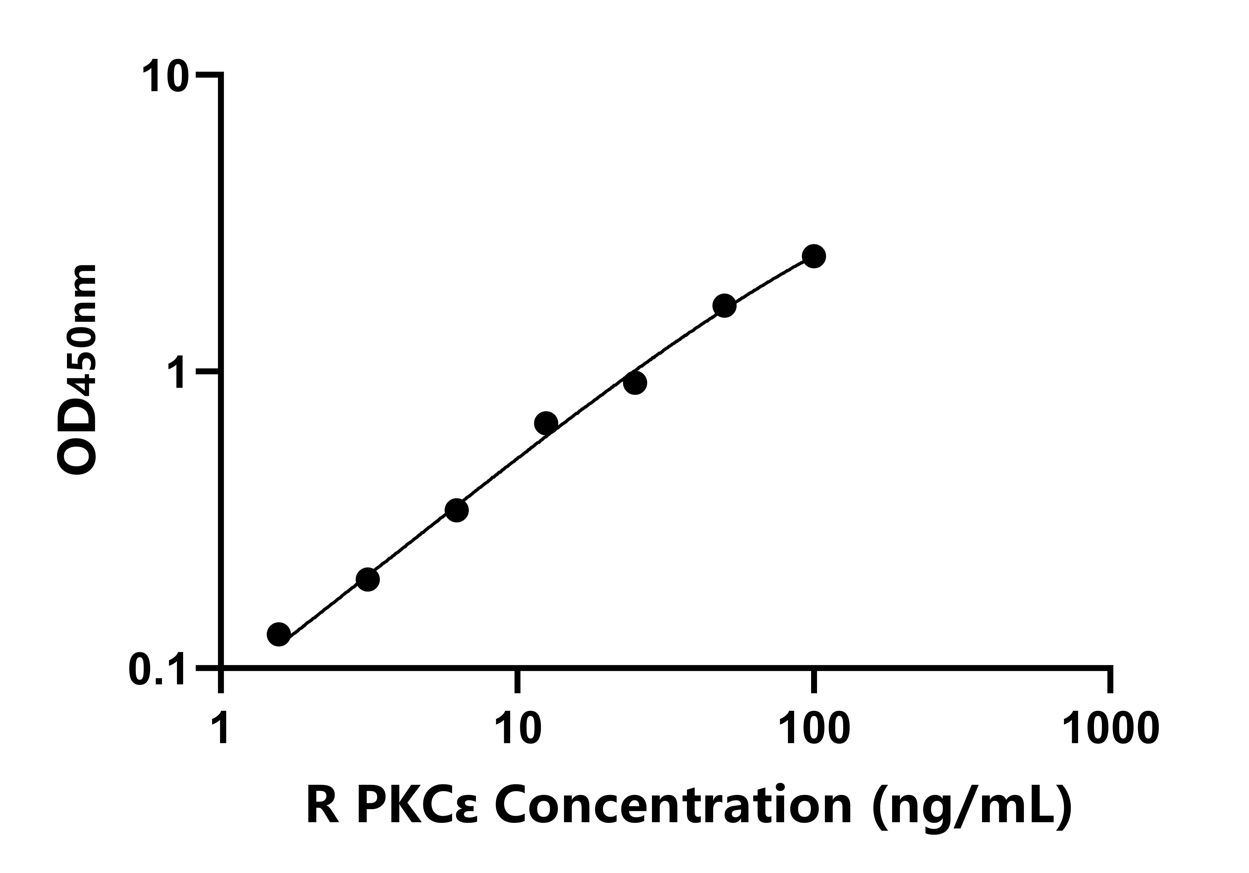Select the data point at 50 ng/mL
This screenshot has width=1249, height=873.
click(x=724, y=306)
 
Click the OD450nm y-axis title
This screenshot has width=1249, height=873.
click(x=77, y=370)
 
